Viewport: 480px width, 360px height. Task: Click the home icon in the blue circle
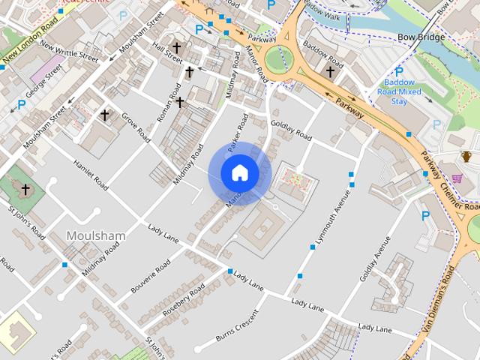pyautogui.click(x=240, y=173)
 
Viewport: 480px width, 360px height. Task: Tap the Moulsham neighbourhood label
pyautogui.click(x=96, y=235)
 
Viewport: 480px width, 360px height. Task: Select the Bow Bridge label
pyautogui.click(x=421, y=37)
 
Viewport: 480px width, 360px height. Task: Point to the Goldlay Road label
pyautogui.click(x=291, y=130)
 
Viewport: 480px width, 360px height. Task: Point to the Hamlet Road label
pyautogui.click(x=91, y=174)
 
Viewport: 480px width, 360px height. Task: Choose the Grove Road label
pyautogui.click(x=136, y=126)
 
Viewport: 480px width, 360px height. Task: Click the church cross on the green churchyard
pyautogui.click(x=25, y=189)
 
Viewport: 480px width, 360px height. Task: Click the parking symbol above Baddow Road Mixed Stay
pyautogui.click(x=399, y=72)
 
